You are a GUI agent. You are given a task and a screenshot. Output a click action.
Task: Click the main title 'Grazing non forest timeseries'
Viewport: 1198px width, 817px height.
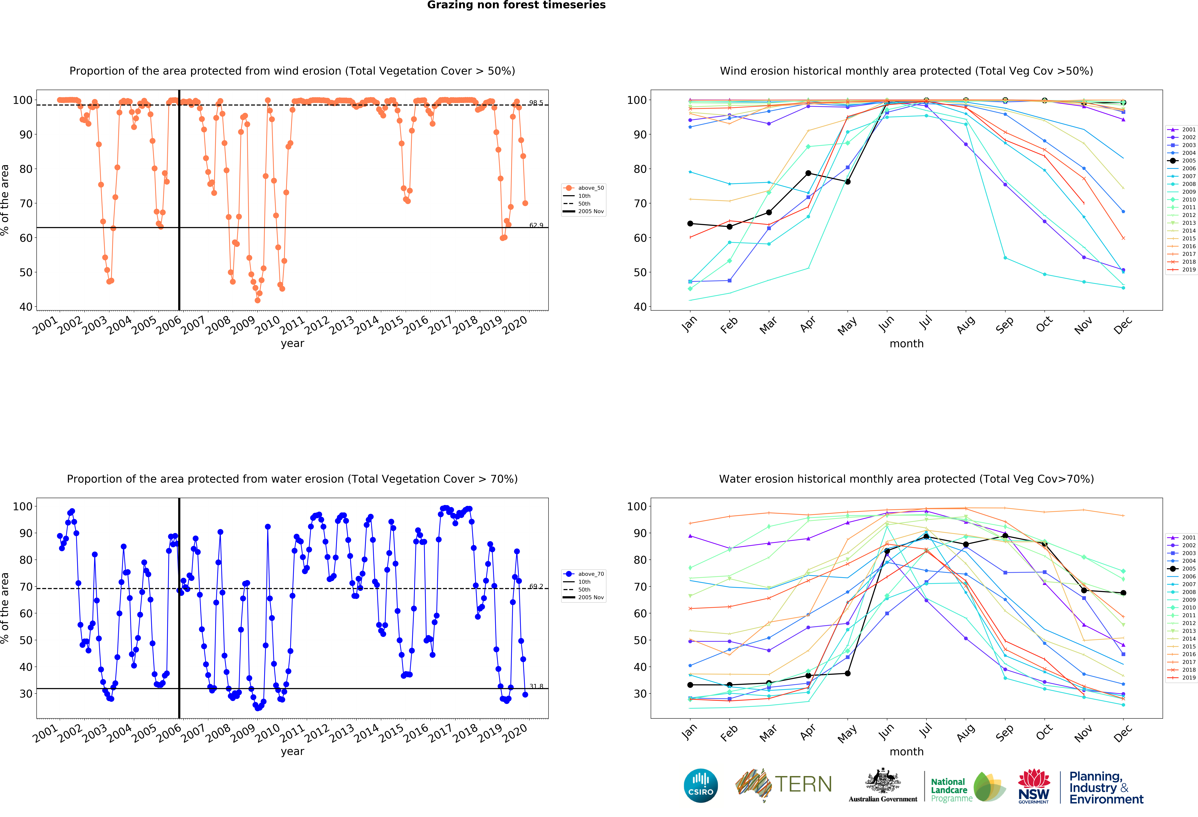516,5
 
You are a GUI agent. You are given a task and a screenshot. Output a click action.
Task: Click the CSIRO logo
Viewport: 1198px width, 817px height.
701,786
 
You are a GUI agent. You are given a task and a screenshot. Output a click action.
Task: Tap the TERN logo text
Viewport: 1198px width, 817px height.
803,785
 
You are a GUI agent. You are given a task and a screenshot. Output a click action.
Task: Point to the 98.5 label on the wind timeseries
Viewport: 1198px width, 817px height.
536,103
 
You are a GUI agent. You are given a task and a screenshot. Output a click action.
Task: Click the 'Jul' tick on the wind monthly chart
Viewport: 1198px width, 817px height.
926,323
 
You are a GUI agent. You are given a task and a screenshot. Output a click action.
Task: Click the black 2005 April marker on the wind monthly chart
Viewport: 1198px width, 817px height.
808,173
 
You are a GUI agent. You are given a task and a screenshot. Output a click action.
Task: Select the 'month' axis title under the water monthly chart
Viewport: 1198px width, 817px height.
906,752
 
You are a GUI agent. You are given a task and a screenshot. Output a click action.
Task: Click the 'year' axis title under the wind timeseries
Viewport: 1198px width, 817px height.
292,343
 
